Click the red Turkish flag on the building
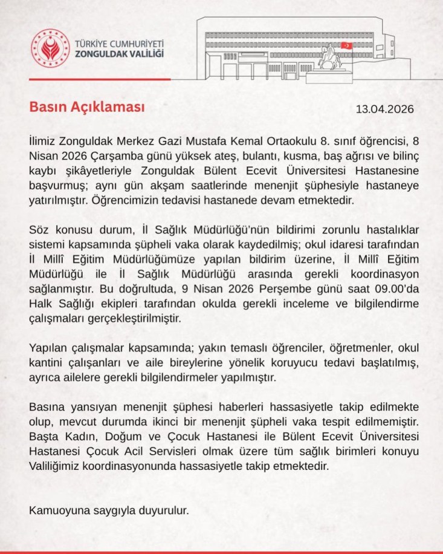(347, 45)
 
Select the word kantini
(49, 364)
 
